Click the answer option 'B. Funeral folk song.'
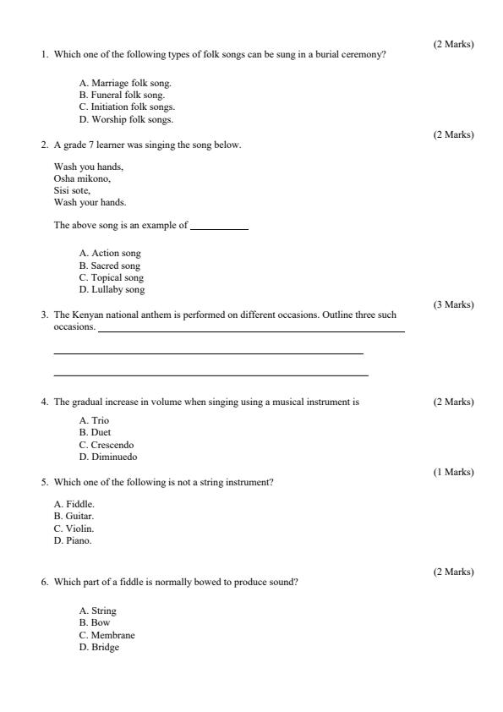coord(122,96)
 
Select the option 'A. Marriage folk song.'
coord(125,84)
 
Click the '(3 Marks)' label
coord(453,304)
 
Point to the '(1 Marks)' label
coord(453,472)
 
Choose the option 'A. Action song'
coord(110,253)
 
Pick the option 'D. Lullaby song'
coord(112,289)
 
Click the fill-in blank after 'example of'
coord(219,227)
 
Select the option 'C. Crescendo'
coord(107,445)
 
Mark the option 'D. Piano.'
coord(73,540)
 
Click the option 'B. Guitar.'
coord(74,516)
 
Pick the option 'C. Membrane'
coord(107,635)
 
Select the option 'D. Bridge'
coord(99,647)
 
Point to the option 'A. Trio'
coord(94,420)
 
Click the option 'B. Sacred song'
coord(110,266)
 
